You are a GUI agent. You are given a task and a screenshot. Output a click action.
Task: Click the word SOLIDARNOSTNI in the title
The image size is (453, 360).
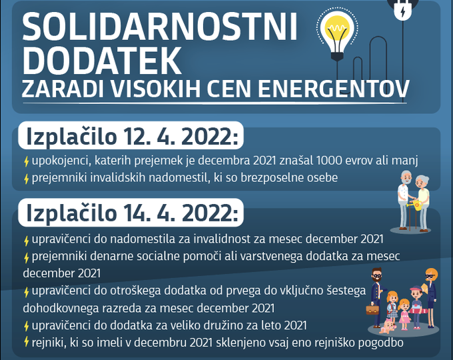pyautogui.click(x=159, y=27)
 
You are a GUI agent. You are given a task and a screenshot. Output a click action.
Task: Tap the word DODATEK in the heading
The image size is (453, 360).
pyautogui.click(x=102, y=61)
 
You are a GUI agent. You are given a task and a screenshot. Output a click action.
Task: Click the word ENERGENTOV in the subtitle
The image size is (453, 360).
pyautogui.click(x=334, y=89)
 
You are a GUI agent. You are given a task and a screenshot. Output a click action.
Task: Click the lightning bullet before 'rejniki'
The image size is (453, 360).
pyautogui.click(x=26, y=341)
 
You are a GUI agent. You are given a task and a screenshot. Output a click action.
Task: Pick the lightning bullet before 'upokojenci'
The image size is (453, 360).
pyautogui.click(x=26, y=161)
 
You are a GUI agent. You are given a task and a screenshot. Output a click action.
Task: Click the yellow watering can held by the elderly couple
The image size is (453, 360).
pyautogui.click(x=416, y=205)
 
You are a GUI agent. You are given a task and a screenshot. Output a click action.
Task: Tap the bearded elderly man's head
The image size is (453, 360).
pyautogui.click(x=406, y=177)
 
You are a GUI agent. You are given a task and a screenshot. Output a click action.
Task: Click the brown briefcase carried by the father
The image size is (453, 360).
pyautogui.click(x=372, y=309)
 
